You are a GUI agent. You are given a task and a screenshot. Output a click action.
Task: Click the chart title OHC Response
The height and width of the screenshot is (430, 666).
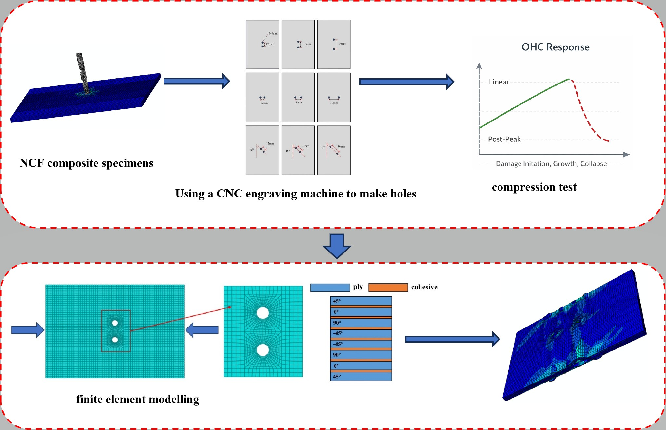tap(556, 47)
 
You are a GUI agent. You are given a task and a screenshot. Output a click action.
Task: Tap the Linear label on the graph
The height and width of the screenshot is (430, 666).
tap(499, 82)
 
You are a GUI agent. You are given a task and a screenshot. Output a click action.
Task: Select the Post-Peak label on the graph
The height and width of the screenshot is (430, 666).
tap(504, 139)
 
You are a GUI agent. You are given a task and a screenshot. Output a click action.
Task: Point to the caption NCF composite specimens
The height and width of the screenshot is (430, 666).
tap(86, 163)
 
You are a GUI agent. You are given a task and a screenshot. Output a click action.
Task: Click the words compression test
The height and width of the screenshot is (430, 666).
tap(534, 187)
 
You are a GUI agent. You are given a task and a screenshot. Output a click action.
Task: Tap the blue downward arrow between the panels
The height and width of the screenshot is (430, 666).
tap(337, 246)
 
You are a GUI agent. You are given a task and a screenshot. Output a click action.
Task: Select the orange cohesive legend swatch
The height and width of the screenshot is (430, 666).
tap(388, 288)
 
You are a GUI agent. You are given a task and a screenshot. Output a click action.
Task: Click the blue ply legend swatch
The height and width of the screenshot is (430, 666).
tap(330, 288)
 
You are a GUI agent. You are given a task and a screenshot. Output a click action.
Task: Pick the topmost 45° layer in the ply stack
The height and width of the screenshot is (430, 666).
tap(361, 301)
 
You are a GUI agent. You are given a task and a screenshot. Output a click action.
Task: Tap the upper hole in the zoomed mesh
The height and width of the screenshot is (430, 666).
tap(263, 313)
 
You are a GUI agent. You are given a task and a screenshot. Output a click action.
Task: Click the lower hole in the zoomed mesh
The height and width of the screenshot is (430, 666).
tap(263, 350)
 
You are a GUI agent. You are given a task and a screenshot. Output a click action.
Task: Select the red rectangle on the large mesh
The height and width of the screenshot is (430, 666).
tap(116, 331)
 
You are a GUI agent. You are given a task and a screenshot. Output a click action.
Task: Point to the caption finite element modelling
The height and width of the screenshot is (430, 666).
tap(138, 399)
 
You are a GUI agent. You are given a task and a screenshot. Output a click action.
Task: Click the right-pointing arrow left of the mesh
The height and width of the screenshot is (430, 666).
tap(28, 330)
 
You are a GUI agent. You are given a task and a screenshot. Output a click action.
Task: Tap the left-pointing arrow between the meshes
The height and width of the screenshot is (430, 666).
tap(202, 330)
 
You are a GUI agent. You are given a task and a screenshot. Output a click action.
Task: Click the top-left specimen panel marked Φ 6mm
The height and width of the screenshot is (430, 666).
tap(262, 44)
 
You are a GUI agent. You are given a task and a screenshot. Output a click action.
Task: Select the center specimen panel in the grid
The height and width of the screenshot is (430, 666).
tap(298, 97)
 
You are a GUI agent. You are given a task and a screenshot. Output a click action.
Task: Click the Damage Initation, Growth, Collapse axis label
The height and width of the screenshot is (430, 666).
tap(551, 164)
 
